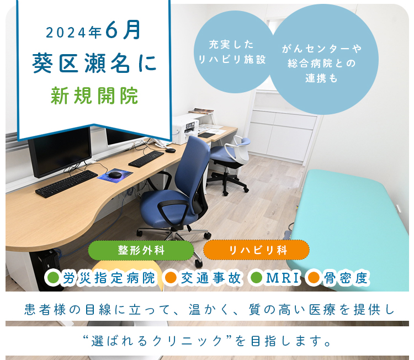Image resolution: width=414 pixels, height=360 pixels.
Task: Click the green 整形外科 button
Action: click(x=141, y=250)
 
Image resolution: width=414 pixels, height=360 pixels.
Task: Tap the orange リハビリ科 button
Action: click(x=256, y=250)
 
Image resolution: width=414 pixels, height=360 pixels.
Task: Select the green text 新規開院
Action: click(x=94, y=96)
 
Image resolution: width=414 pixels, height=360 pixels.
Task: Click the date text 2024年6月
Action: click(x=93, y=30)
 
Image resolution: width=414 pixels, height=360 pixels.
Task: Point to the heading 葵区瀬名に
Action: click(x=94, y=63)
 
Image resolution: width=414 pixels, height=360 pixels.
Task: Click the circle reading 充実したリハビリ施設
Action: click(x=233, y=52)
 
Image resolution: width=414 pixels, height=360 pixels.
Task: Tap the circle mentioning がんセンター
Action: click(x=323, y=60)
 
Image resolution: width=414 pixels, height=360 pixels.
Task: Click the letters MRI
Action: click(x=283, y=278)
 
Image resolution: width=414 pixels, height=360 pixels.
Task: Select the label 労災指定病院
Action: click(x=109, y=278)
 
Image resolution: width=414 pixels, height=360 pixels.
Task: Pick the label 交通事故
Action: click(x=211, y=278)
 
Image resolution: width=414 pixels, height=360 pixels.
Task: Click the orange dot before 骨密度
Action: click(x=314, y=278)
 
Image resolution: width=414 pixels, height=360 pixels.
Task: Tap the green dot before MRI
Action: click(x=256, y=278)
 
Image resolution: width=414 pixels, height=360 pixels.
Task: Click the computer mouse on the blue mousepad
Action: click(x=115, y=174)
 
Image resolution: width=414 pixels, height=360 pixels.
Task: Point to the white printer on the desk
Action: click(x=185, y=129)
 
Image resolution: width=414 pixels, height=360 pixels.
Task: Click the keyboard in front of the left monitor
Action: click(x=67, y=183)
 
